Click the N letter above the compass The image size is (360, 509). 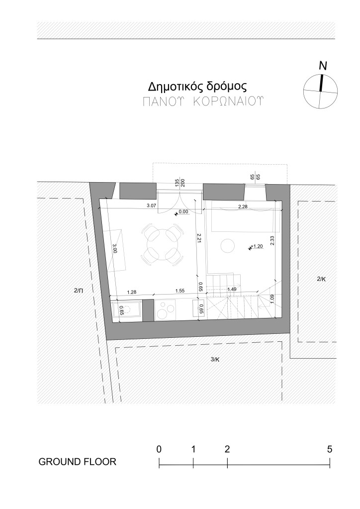pyautogui.click(x=323, y=66)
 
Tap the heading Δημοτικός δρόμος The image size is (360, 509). pyautogui.click(x=197, y=87)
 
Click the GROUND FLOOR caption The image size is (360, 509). pyautogui.click(x=77, y=462)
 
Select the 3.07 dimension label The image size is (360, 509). pyautogui.click(x=152, y=205)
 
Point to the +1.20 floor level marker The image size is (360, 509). pyautogui.click(x=256, y=246)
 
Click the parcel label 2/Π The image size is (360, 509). pyautogui.click(x=79, y=291)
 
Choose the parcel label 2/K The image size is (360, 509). pyautogui.click(x=321, y=279)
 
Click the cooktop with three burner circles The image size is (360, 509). pyautogui.click(x=165, y=310)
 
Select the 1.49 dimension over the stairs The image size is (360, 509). pyautogui.click(x=232, y=289)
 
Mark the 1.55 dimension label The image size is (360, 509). pyautogui.click(x=180, y=291)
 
